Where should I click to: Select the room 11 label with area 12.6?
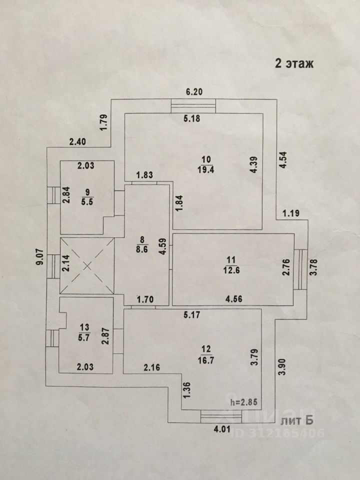pyautogui.click(x=231, y=264)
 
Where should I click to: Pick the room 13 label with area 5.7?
pyautogui.click(x=83, y=332)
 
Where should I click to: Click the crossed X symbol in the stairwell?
pyautogui.click(x=87, y=265)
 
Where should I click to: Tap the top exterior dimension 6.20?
pyautogui.click(x=194, y=91)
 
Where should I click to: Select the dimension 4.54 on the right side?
pyautogui.click(x=283, y=160)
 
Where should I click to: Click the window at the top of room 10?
pyautogui.click(x=193, y=106)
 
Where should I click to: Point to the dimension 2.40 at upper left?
pyautogui.click(x=78, y=141)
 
